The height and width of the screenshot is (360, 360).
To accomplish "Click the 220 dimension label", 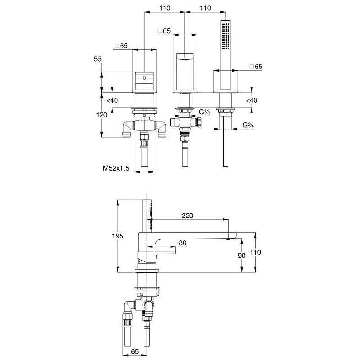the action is point(187,216).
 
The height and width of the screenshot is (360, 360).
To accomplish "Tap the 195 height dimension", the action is point(117,236).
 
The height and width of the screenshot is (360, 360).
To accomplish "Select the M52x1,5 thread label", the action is point(116,168).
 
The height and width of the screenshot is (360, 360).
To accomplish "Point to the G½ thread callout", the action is point(204,112).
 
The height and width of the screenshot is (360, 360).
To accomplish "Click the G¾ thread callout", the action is point(248,125).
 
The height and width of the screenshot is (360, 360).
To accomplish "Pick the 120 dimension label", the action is point(102,115).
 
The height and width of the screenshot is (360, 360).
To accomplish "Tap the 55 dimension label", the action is point(98,59).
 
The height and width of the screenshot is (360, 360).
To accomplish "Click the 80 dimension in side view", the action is point(183,243).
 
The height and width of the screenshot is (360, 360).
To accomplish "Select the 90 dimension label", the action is point(242,255).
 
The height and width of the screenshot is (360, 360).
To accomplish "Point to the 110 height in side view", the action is point(255,252).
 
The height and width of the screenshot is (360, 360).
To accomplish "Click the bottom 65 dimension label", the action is point(135,351).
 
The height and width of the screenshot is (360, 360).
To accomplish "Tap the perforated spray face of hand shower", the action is point(225,36).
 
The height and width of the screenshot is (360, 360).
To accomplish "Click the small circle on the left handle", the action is point(144,78).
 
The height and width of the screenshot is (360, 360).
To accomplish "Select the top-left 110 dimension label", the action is point(165,8).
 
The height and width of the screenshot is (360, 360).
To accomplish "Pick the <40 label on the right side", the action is point(252,100).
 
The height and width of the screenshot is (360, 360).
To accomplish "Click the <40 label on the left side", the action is point(112,100).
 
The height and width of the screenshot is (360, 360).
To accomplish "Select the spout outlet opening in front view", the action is point(185,59).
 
